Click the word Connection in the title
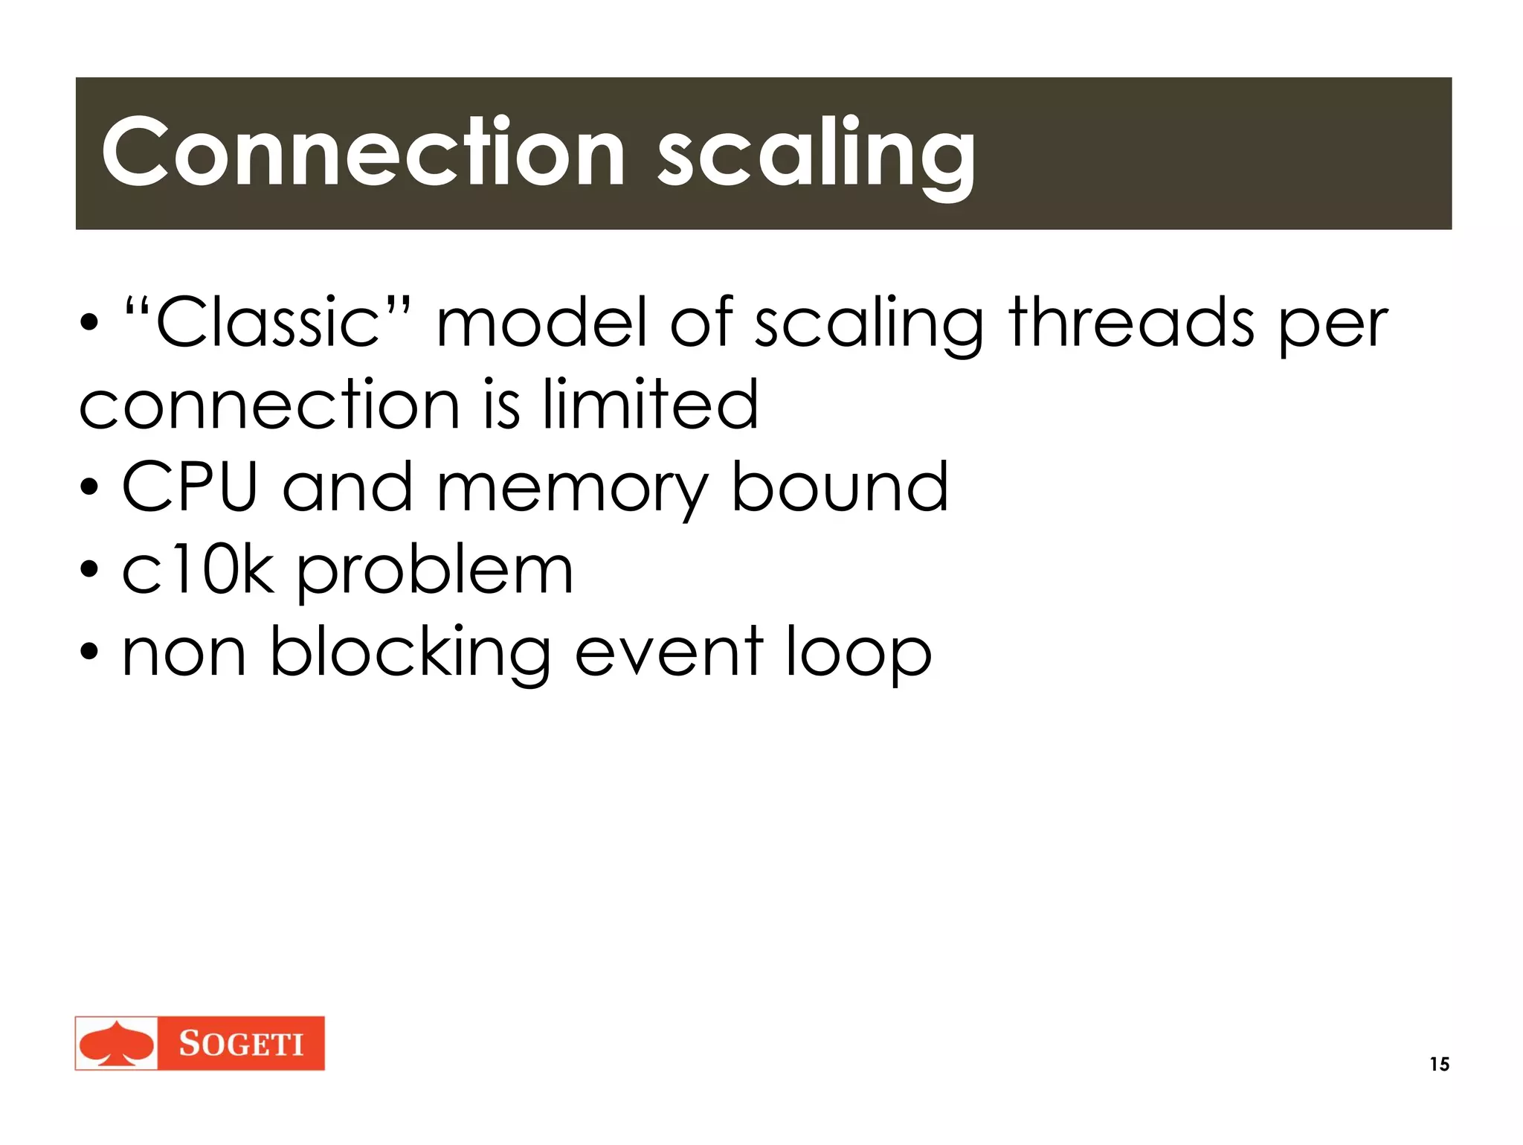[363, 153]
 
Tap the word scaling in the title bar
[816, 156]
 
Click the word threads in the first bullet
[1131, 322]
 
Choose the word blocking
[410, 655]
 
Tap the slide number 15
[1439, 1064]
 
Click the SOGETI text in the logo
[241, 1044]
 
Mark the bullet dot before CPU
[89, 488]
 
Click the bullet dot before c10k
[89, 571]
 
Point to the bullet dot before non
[89, 653]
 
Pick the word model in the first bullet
[541, 322]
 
